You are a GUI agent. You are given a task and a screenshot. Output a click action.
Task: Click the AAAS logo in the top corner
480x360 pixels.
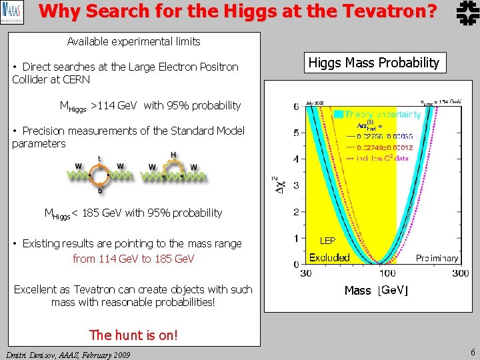(13, 12)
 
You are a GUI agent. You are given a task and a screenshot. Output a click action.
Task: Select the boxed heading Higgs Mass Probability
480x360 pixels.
(374, 63)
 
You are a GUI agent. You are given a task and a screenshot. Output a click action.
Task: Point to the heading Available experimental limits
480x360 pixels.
(133, 41)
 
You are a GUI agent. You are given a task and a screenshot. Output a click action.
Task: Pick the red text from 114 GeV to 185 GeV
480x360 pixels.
(133, 259)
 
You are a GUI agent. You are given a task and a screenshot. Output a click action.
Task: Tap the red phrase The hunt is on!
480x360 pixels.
(133, 335)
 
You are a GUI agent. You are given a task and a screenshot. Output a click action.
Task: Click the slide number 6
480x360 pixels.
(472, 351)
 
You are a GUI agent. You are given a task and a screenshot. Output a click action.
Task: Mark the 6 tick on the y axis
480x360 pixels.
(296, 107)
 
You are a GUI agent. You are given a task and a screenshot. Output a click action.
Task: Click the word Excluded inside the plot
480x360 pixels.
(329, 257)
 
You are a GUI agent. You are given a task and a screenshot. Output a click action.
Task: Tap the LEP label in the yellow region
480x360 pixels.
(327, 240)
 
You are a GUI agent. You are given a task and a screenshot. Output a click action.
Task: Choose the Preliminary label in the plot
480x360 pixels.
(437, 258)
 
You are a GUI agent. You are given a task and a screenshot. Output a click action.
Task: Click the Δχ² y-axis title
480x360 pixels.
(277, 185)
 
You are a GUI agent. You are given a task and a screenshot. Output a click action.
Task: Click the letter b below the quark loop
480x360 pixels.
(99, 189)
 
